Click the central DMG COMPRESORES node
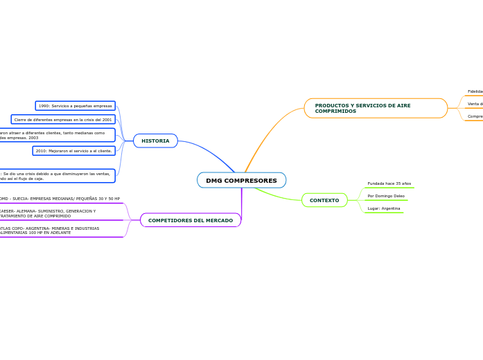(241, 181)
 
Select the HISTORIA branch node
(155, 141)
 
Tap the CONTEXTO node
(324, 200)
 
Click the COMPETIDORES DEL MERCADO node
(191, 220)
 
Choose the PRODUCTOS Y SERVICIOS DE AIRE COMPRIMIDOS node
(375, 108)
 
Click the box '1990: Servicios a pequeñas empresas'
(75, 106)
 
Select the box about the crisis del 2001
(63, 119)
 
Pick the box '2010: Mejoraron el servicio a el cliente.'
(73, 150)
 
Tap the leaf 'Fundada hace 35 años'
(389, 183)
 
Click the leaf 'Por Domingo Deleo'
(386, 196)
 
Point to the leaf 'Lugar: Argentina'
(383, 208)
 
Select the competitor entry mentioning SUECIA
(60, 199)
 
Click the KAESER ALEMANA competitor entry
(49, 213)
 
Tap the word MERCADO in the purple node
(218, 220)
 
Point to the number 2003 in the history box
(33, 138)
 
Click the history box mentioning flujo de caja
(55, 176)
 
